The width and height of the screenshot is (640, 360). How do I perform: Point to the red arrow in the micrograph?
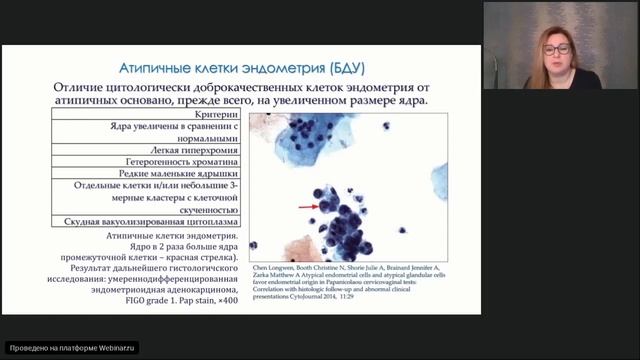[307, 207]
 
